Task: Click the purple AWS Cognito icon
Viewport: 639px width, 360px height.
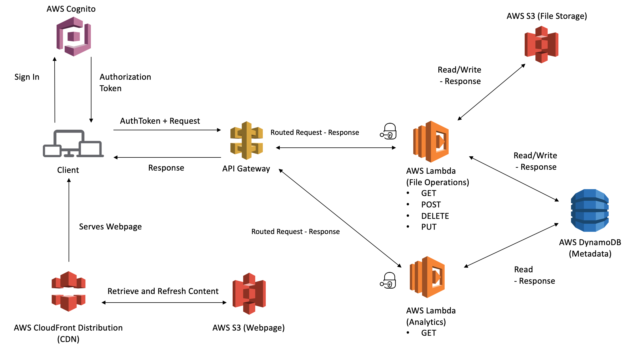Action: coord(73,36)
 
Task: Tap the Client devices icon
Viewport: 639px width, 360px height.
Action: coord(73,144)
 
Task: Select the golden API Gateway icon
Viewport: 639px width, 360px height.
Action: coord(246,140)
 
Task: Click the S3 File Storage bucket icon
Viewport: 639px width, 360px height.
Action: coord(541,44)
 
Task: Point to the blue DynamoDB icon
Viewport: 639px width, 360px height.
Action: coord(590,210)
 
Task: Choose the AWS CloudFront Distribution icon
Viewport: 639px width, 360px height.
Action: coord(69,291)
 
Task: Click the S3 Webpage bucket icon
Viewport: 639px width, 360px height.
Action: coord(249,293)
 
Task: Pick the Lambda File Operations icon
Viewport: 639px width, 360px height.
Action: coord(431,142)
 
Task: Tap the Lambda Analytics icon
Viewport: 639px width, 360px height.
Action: coord(427,277)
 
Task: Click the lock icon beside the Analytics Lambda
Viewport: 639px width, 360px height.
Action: coord(388,280)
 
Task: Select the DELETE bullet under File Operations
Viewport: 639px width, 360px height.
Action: coord(435,216)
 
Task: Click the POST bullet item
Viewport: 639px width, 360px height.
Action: coord(431,205)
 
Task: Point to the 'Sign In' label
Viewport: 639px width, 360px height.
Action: coord(27,77)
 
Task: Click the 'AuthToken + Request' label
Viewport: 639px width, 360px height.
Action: coord(160,121)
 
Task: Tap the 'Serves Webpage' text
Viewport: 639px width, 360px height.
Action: coord(110,227)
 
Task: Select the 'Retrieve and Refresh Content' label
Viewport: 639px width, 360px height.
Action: coord(163,291)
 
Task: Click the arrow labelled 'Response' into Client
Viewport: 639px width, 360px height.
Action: coord(167,157)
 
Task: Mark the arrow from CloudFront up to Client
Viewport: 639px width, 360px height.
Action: coord(69,220)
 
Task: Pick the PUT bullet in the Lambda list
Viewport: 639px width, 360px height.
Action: coord(429,227)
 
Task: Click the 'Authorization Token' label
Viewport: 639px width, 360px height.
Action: coord(125,83)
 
